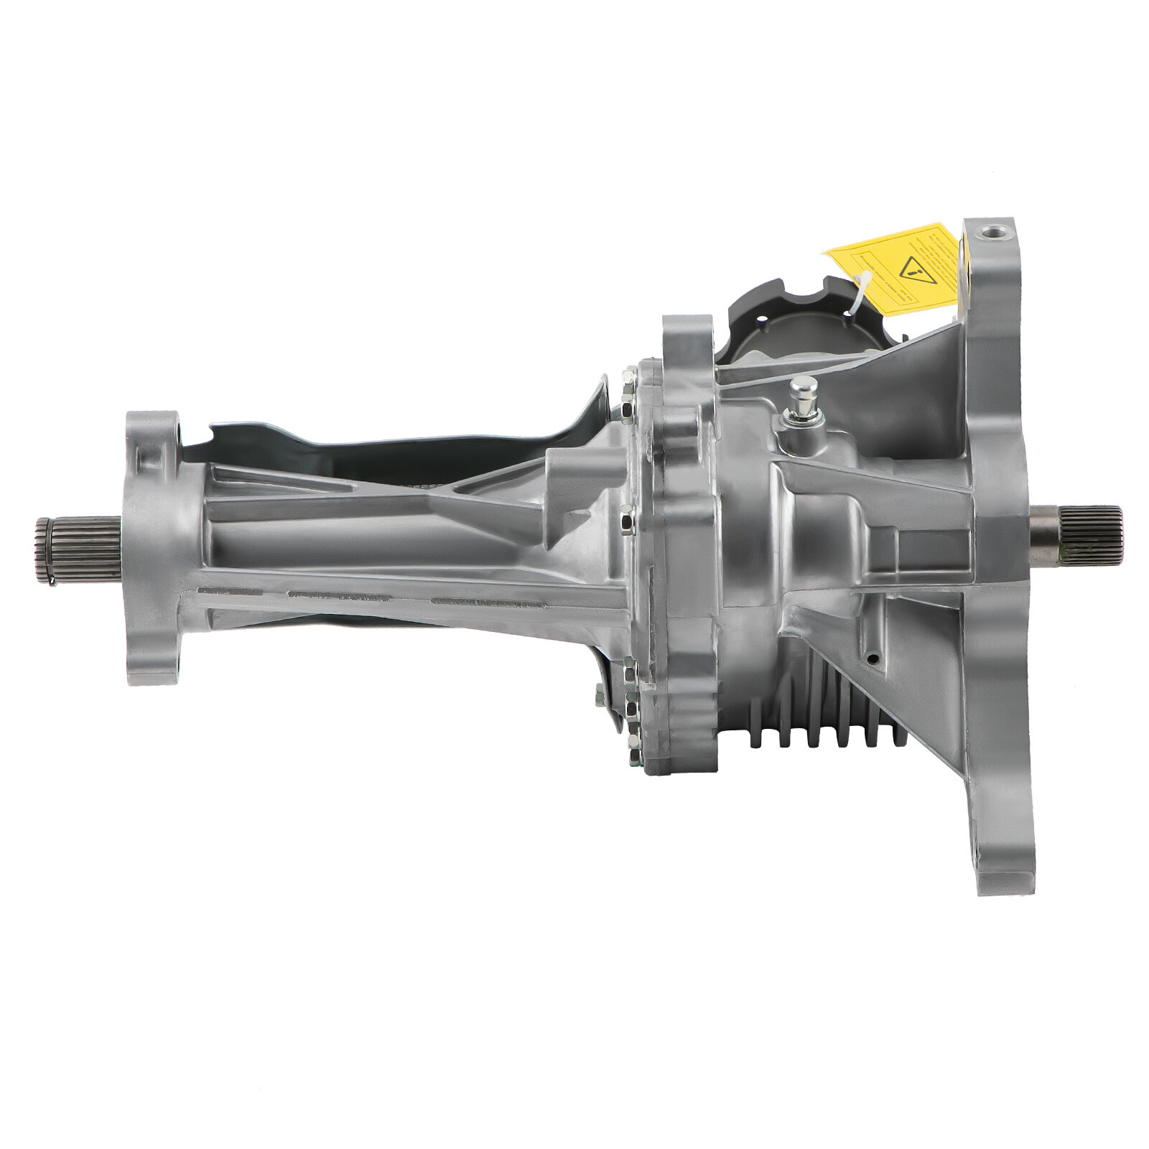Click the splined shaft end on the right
click(1077, 535)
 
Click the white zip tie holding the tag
click(860, 287)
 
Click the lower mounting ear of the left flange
click(151, 661)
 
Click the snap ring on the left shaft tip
click(42, 549)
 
